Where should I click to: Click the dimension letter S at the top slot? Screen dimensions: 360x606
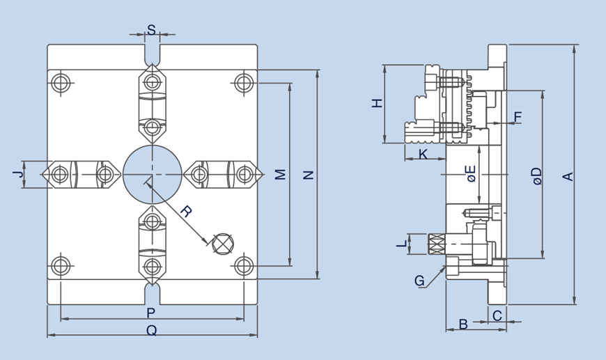(152, 30)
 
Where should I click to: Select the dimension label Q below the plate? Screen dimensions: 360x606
(151, 331)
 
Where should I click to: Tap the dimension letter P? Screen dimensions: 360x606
(151, 313)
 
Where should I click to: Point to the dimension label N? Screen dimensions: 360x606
(309, 175)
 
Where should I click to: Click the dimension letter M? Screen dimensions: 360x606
(280, 174)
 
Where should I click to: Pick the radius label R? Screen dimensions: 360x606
(186, 211)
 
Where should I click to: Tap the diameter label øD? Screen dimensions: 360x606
(536, 175)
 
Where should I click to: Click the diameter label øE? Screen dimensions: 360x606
(471, 173)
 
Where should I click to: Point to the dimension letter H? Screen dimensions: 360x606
(377, 103)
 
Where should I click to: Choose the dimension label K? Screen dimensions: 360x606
(423, 154)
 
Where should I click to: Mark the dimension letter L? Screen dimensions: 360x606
(401, 244)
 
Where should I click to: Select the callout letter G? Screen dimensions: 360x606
(419, 281)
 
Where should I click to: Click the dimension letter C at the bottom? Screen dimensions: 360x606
(497, 315)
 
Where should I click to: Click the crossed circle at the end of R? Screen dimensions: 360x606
(222, 244)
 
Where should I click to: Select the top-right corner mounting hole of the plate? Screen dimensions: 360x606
(242, 83)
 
